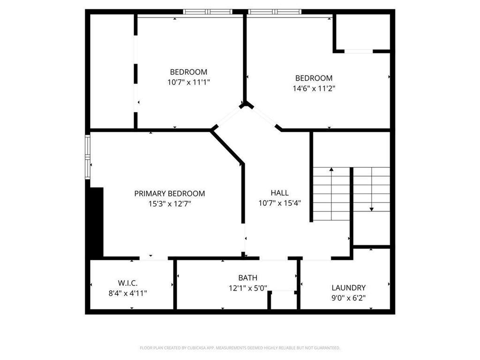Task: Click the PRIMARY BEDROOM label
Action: tap(169, 194)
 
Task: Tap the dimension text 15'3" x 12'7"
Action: tap(169, 204)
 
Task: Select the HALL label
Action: tap(279, 193)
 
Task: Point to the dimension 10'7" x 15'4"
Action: tap(279, 203)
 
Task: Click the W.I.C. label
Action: tap(127, 284)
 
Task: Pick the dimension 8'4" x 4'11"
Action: tap(127, 293)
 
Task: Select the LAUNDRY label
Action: tap(348, 288)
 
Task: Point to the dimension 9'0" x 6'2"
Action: tap(348, 298)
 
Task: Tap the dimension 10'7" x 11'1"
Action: tap(188, 82)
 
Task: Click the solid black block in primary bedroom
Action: tap(97, 222)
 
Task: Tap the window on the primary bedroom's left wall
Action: tap(87, 157)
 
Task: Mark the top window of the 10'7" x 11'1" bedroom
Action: tap(208, 12)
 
